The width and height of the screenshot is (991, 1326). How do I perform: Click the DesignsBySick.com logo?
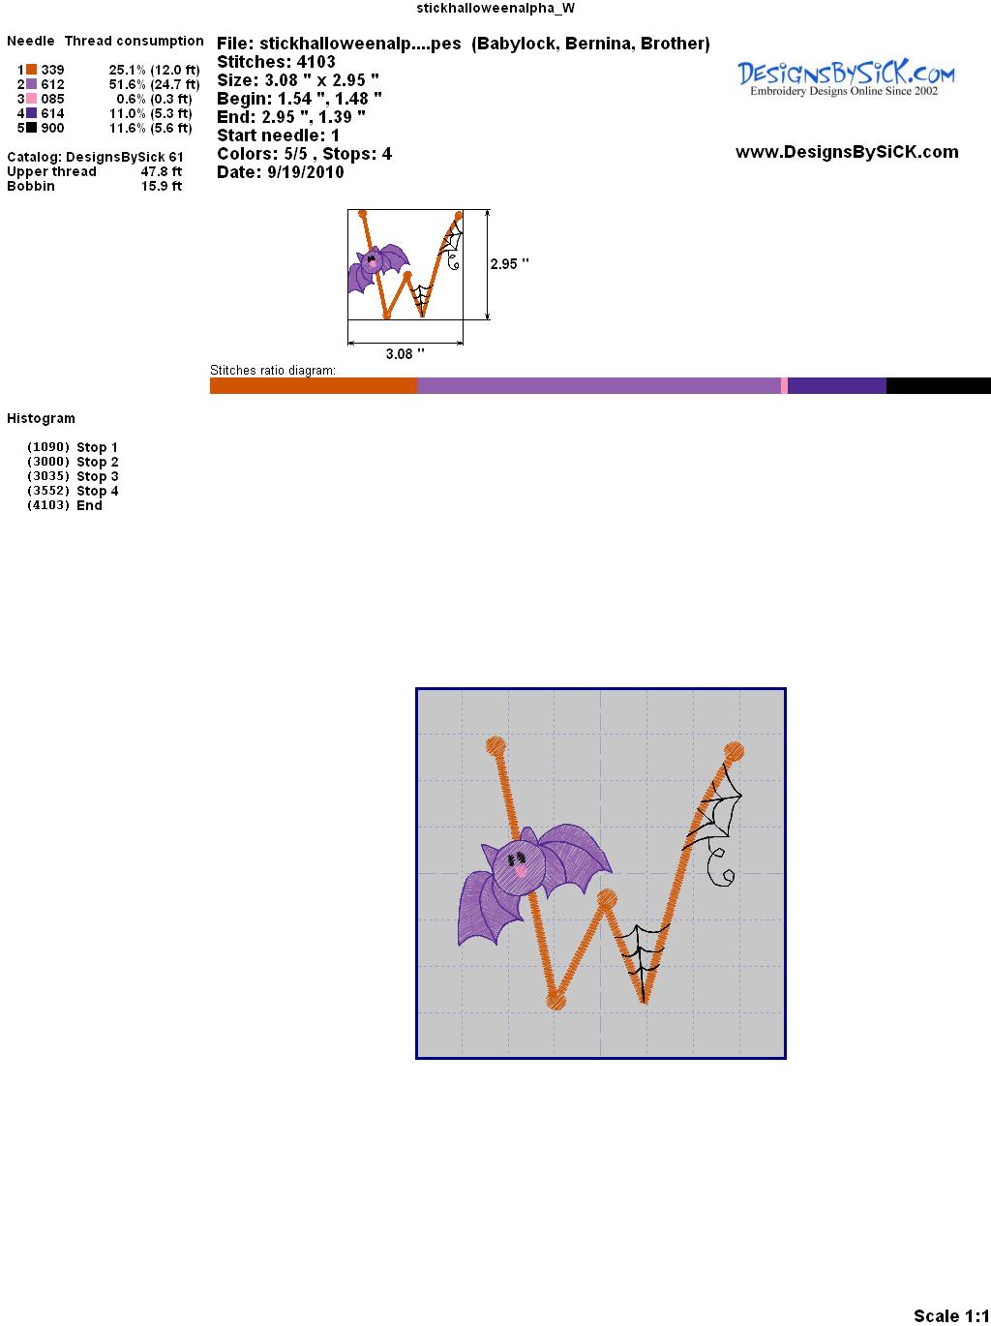coord(846,77)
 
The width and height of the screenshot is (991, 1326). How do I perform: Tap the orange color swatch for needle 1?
coord(31,70)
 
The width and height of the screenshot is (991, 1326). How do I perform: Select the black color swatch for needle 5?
coord(31,128)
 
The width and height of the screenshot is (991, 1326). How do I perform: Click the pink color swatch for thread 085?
coord(31,99)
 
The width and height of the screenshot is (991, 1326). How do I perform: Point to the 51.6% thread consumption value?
coord(128,84)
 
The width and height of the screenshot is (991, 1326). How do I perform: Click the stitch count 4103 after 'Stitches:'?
coord(315,62)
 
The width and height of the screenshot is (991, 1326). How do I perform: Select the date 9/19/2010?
coord(306,172)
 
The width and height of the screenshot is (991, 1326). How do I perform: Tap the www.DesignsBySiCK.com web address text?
coord(847,152)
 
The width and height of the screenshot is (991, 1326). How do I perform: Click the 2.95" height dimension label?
coord(509,264)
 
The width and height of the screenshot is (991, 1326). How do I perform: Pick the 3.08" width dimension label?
coord(405,353)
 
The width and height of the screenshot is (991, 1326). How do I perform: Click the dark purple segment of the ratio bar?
coord(837,385)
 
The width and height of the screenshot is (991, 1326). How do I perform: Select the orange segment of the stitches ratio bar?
coord(314,385)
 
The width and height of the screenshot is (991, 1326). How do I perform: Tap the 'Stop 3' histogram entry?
coord(97,476)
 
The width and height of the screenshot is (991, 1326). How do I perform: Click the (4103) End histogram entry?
coord(65,505)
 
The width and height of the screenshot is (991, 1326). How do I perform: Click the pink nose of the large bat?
coord(520,871)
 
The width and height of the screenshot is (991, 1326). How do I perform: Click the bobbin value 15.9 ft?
coord(162,186)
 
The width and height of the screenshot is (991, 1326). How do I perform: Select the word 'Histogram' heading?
coord(41,418)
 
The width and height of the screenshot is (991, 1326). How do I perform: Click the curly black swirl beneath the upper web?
coord(720,867)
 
